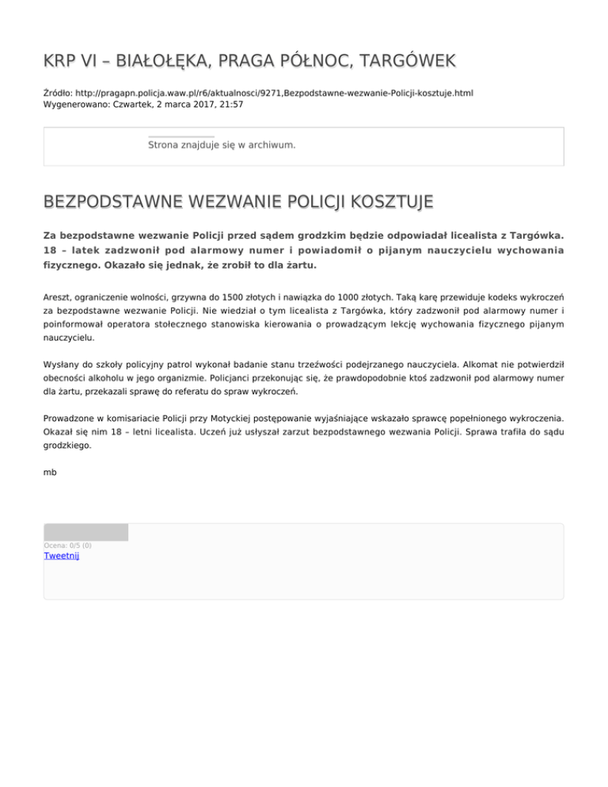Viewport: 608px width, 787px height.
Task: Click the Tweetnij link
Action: pos(61,556)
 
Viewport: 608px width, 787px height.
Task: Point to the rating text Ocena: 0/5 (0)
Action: pos(67,546)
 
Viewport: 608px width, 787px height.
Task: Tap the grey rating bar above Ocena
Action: pos(85,532)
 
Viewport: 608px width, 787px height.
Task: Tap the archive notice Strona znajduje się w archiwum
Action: pos(222,146)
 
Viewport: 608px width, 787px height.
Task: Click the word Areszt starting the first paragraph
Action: pos(59,297)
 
